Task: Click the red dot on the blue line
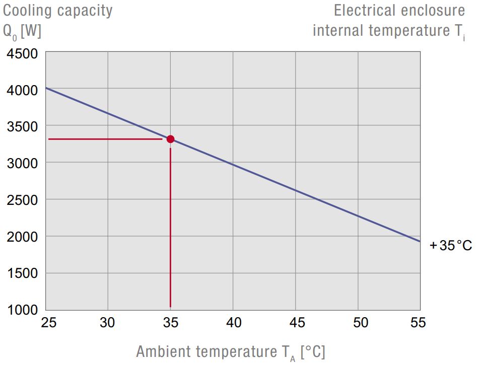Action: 170,139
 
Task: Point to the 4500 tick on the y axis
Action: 23,53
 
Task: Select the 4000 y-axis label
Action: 23,90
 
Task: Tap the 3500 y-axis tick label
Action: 23,127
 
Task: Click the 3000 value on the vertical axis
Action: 23,163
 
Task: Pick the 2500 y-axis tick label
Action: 23,200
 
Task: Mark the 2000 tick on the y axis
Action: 23,237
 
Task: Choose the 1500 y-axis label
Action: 23,273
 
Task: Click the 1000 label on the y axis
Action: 23,310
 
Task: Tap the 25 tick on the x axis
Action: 48,323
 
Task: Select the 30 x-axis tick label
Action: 108,323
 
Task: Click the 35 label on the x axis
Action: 171,323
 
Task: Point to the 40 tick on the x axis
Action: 233,323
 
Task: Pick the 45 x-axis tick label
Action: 296,323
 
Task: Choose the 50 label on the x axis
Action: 359,323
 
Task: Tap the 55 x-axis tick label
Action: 418,323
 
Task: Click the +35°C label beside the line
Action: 450,246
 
